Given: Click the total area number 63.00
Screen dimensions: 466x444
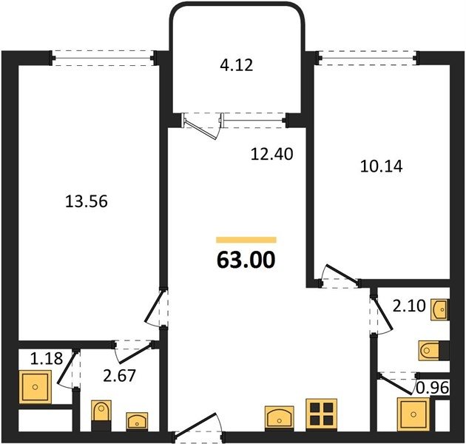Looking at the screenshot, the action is (x=246, y=260).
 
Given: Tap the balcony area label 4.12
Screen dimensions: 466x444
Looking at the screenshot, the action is (x=237, y=65).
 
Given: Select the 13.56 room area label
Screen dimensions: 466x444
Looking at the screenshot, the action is (x=87, y=201).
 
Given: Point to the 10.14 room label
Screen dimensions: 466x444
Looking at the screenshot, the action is (x=381, y=166).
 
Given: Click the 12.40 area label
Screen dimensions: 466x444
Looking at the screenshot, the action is (x=272, y=154).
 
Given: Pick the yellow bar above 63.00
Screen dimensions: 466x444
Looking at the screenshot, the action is (x=246, y=240).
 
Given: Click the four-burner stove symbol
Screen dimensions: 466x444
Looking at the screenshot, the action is (x=322, y=414).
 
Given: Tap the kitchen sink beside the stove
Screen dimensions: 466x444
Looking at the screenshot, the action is (x=279, y=418).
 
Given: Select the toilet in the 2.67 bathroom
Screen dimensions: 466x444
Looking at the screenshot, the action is (x=101, y=415).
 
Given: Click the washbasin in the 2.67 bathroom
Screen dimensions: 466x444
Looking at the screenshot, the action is (x=137, y=421).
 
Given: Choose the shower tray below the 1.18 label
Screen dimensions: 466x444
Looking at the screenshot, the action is (x=36, y=386).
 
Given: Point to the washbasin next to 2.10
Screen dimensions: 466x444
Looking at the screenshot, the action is (x=440, y=310).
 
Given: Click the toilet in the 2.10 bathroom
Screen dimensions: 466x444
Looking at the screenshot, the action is (x=433, y=350).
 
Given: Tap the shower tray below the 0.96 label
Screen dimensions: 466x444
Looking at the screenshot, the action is (x=413, y=414).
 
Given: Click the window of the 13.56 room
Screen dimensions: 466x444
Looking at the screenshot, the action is (x=103, y=58).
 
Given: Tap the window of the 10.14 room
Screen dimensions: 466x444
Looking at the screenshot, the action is (x=368, y=58).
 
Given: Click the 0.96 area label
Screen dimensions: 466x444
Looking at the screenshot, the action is (x=433, y=388).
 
